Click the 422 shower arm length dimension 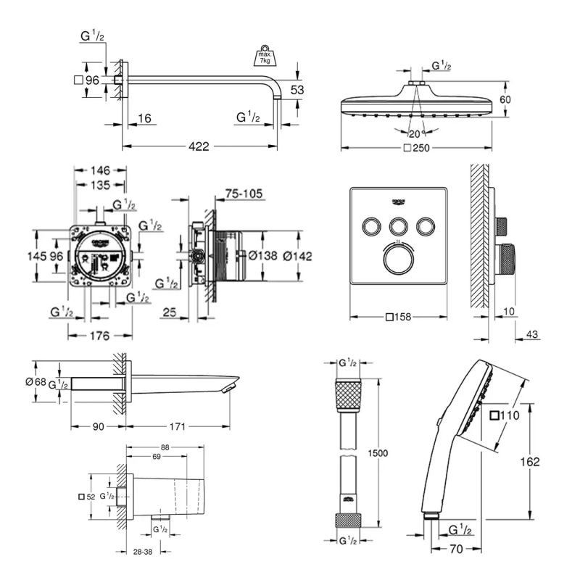coord(199,146)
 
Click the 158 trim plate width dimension coord(402,316)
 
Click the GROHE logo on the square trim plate coord(399,195)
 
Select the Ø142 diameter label coord(298,255)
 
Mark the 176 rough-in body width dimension coord(99,336)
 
